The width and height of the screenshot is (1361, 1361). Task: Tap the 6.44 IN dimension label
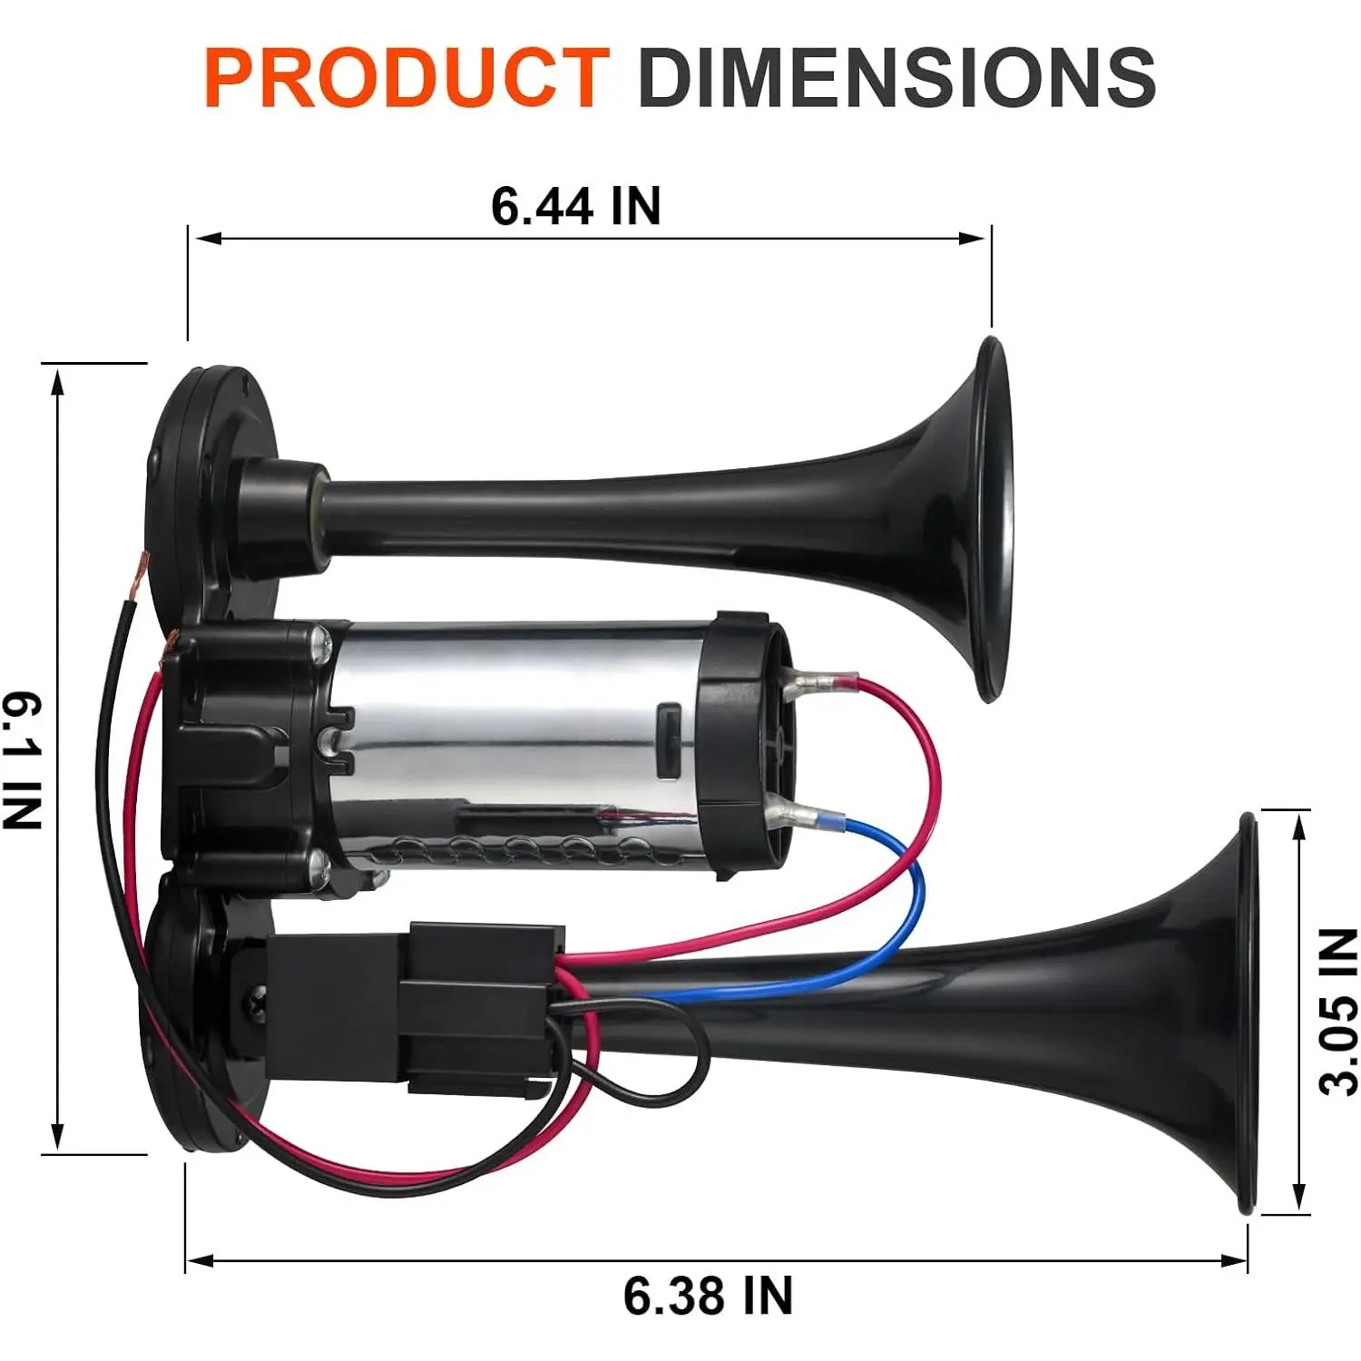pyautogui.click(x=576, y=206)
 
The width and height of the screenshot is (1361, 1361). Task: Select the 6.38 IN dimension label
pyautogui.click(x=708, y=1295)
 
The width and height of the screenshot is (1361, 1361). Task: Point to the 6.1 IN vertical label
pyautogui.click(x=22, y=760)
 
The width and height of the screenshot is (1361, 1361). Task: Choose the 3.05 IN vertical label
pyautogui.click(x=1338, y=1012)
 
